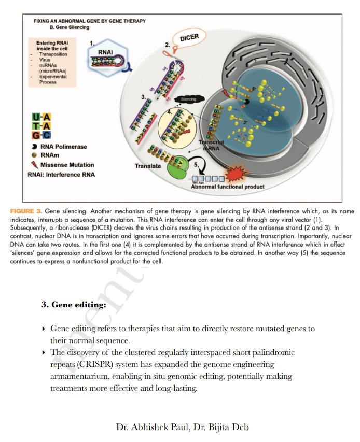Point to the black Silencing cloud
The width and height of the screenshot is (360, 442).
(x=188, y=99)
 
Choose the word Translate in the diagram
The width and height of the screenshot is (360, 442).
(x=148, y=166)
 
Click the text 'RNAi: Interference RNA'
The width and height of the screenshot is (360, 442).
(x=61, y=175)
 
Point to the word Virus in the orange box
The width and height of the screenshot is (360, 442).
(x=45, y=60)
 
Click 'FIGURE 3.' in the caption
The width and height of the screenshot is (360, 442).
(x=25, y=211)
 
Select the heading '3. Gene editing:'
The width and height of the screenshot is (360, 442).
(x=74, y=305)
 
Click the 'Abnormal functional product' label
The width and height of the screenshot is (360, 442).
(x=228, y=187)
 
